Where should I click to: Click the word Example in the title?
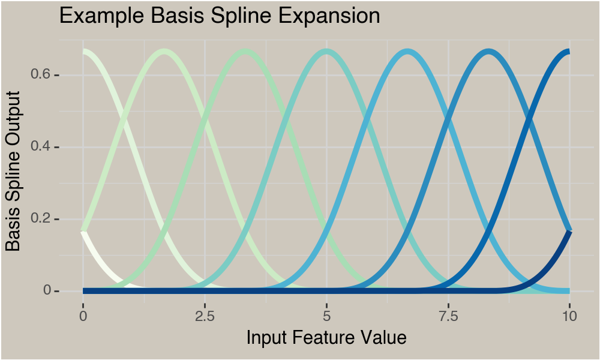tap(102, 16)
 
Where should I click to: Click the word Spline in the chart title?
tap(241, 16)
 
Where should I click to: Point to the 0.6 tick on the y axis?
tap(41, 74)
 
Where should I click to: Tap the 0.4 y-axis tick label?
tap(41, 146)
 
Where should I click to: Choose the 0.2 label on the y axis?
tap(41, 218)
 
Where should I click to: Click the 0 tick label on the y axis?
tap(47, 291)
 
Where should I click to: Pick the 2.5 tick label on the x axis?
tap(205, 316)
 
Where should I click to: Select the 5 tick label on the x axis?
tap(326, 316)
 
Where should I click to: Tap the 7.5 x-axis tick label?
tap(448, 316)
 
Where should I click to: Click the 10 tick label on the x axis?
tap(570, 316)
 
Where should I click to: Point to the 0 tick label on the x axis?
tap(83, 316)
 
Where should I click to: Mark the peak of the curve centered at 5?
tap(326, 52)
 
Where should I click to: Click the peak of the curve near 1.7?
tap(164, 52)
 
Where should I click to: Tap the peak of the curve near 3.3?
tap(245, 52)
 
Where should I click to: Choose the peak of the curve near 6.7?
tap(407, 52)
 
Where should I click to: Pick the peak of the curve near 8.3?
tap(488, 52)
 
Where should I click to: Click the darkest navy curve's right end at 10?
tap(569, 232)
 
